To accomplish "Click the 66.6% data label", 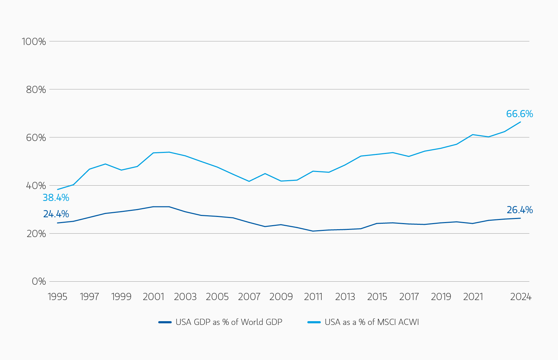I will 519,114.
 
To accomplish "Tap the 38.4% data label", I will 56,198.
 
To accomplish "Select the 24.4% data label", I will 56,214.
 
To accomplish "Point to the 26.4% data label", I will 519,210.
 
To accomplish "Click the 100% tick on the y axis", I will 34,42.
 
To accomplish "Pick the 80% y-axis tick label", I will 36,90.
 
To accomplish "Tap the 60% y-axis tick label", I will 36,138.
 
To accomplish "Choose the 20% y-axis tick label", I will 36,234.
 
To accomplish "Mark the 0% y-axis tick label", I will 39,281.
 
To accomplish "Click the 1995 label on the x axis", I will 58,297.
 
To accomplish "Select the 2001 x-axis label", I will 153,297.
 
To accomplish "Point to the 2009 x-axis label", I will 281,297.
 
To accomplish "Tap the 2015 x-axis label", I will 377,297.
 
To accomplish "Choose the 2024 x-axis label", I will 521,297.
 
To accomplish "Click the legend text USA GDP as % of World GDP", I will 229,322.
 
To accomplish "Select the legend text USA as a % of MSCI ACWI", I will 372,322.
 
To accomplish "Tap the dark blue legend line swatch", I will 165,322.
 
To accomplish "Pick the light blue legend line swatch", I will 314,322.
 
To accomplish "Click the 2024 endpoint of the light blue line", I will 520,122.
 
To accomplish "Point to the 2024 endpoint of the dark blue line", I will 520,218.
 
